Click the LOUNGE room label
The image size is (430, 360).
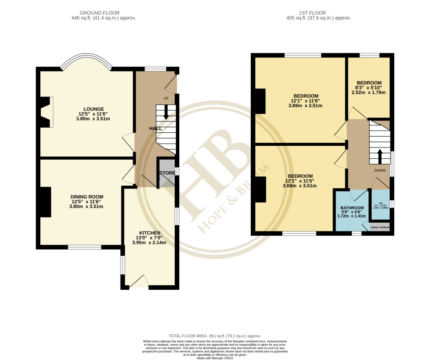93,109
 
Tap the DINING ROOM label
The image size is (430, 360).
87,197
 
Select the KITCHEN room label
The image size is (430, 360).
149,233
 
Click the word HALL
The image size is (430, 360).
156,128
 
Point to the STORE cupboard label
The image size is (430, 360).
167,173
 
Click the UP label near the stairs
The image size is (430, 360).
166,98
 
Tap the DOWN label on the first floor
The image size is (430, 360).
380,171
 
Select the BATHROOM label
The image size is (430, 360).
352,208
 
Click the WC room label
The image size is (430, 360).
380,203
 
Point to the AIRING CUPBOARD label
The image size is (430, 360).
380,228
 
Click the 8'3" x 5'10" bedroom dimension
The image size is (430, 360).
369,87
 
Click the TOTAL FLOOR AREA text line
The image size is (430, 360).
215,336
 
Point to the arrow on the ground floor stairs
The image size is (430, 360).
166,112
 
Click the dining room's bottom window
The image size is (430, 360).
84,247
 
